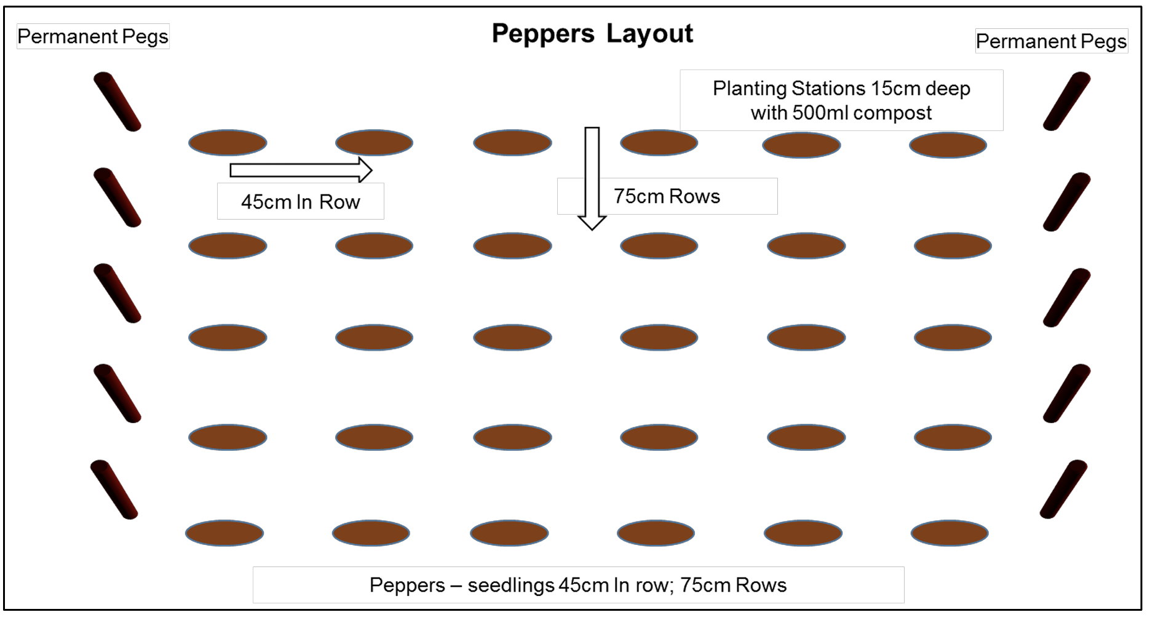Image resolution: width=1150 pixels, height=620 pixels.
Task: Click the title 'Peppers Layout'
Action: coord(592,34)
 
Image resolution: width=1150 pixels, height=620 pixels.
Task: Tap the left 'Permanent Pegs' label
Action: coord(93,37)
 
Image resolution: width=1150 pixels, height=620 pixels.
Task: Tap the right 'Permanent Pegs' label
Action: coord(1051,41)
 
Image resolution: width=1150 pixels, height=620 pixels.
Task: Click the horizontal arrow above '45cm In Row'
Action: coord(301,170)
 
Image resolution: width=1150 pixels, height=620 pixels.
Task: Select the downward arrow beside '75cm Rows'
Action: coord(592,178)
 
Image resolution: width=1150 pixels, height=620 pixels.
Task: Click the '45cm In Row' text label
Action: coord(300,202)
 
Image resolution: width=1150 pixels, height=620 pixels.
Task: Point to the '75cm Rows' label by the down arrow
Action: coord(667,196)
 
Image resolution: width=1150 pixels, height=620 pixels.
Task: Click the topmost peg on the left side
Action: coord(117,101)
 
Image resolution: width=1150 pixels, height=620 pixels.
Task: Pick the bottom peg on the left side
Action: coord(114,490)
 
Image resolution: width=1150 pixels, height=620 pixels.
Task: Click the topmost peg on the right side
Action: coord(1066,101)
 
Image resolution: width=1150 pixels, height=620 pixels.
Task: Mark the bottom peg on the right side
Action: coord(1063,489)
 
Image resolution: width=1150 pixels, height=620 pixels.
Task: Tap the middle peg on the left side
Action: coord(117,293)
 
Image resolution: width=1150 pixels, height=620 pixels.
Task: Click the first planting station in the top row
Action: coord(228,143)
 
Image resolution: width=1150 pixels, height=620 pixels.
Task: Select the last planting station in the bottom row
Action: coord(950,533)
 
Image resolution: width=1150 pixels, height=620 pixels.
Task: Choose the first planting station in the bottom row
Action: coord(224,533)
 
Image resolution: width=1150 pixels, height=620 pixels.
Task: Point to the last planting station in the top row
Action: coord(948,145)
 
